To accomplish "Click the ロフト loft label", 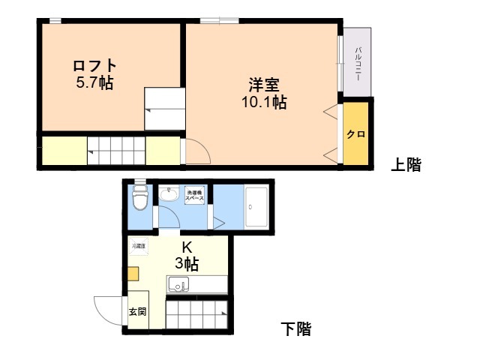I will (94, 66).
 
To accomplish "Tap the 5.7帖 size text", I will (94, 83).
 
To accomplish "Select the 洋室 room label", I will (263, 85).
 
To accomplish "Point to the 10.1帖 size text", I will (263, 103).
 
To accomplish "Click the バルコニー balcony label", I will (358, 63).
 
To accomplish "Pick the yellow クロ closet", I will (355, 134).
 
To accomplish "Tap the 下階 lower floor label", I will (295, 328).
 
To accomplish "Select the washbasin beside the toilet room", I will (169, 196).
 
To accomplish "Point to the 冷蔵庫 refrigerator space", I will (139, 245).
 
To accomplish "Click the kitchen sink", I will (178, 284).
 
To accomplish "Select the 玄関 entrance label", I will (137, 311).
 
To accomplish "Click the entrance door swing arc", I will (106, 309).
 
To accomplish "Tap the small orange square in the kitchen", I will (133, 274).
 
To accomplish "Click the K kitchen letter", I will (187, 247).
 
